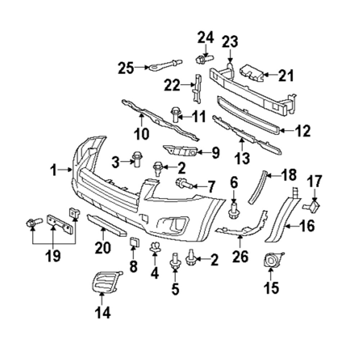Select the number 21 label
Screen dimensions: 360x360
pos(286,76)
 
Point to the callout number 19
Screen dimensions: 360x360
pos(53,256)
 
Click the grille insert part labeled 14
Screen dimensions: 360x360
pos(107,282)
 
